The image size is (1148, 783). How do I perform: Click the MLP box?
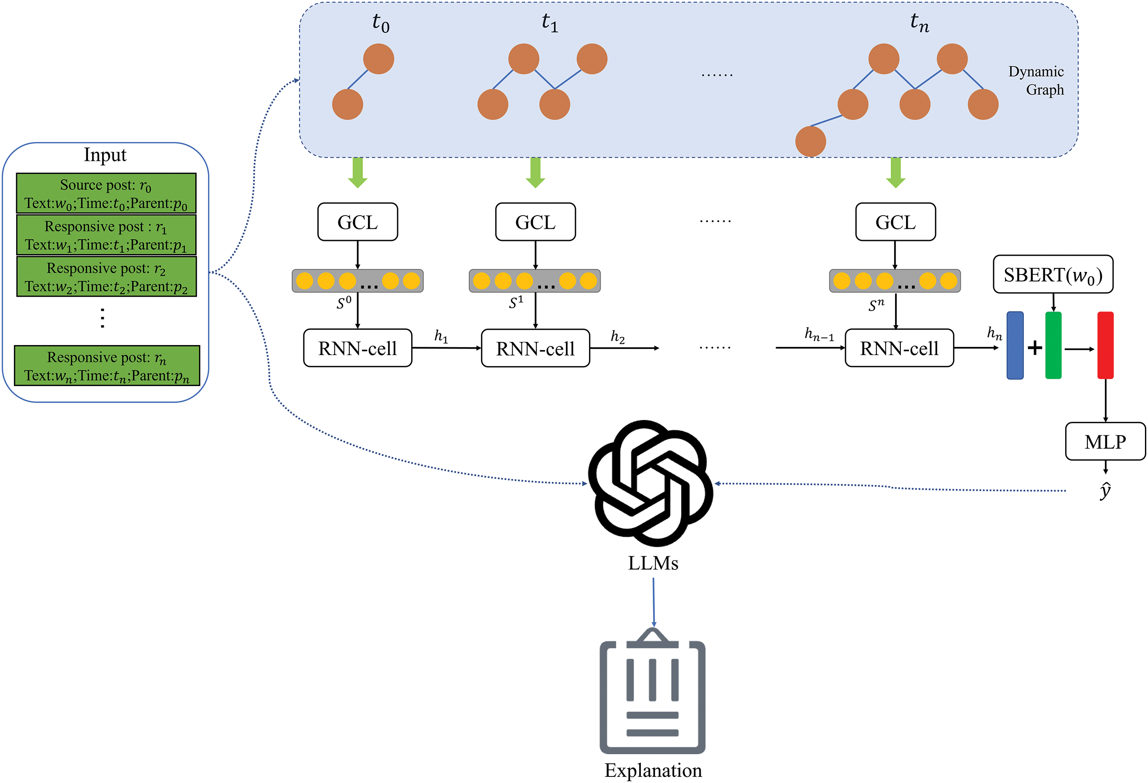click(1105, 441)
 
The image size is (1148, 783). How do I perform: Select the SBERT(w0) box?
click(1053, 274)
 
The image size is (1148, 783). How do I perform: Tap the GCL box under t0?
click(358, 222)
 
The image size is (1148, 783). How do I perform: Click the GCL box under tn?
click(896, 222)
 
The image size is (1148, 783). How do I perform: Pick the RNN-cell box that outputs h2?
click(535, 348)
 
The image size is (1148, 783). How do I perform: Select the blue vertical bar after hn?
click(1015, 346)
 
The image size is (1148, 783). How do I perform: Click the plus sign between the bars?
click(1035, 348)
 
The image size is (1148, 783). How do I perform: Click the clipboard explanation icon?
click(653, 691)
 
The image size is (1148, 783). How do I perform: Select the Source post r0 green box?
click(106, 193)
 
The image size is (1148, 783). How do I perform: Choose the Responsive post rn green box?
click(107, 365)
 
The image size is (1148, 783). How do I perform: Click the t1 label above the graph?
click(550, 22)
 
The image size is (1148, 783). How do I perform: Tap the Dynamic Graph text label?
click(1036, 81)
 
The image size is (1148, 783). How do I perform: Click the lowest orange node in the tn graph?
click(811, 141)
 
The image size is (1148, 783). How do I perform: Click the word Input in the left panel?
click(105, 155)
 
